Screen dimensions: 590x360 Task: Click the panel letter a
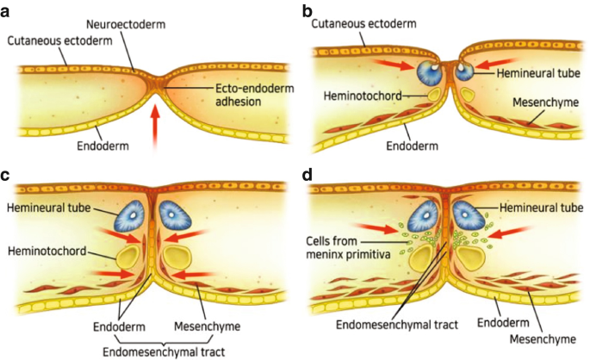(5, 12)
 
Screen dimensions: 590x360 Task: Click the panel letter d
(307, 175)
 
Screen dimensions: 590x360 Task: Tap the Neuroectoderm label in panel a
(126, 24)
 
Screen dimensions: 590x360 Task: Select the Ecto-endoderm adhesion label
(254, 95)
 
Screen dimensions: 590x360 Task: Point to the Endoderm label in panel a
(102, 146)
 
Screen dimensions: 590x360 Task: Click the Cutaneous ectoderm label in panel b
(363, 24)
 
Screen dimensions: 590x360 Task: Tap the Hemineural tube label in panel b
(538, 73)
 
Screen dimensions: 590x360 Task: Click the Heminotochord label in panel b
(363, 96)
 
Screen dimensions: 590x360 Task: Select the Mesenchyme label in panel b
(545, 102)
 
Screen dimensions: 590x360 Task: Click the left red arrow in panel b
(394, 65)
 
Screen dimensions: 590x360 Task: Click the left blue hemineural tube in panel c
(132, 215)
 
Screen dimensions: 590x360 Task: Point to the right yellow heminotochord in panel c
(177, 258)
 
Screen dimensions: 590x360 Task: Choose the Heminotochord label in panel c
(47, 251)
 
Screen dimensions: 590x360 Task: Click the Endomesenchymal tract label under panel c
(164, 351)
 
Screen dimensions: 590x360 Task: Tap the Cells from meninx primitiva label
(348, 247)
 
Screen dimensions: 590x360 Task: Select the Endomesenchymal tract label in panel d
(397, 325)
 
